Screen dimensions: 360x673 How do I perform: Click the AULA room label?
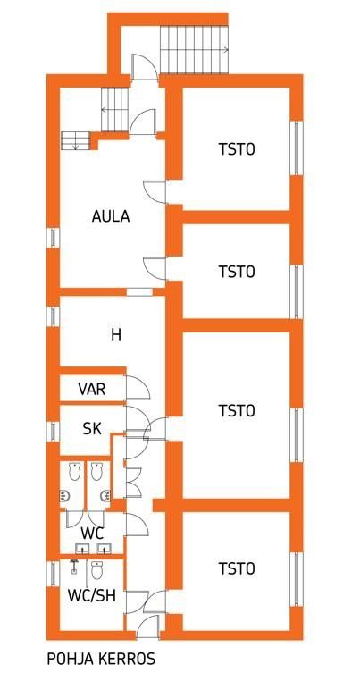coord(111,216)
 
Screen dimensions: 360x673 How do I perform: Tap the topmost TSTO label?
coord(237,149)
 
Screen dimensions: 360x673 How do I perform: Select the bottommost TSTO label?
coord(237,568)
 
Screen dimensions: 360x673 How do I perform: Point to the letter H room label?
coord(116,334)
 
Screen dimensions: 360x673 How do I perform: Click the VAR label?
coord(92,389)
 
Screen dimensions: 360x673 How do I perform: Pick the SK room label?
coord(92,428)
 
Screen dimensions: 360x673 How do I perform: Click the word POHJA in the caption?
coord(65,659)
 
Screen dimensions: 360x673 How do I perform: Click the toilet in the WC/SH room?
coord(97,569)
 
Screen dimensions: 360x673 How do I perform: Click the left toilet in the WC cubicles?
coord(75,471)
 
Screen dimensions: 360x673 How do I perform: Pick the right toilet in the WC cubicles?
coord(97,471)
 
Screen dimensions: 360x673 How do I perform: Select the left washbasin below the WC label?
coord(82,548)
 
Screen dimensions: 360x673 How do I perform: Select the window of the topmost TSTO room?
coord(297,148)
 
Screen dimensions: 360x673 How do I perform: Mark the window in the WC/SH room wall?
coord(53,574)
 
